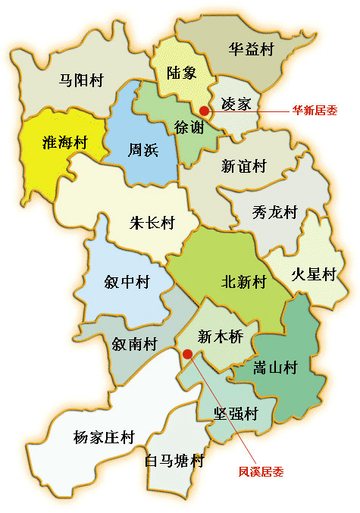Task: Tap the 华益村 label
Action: [x=250, y=50]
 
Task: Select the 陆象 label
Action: [x=181, y=74]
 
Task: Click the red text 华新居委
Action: [x=315, y=110]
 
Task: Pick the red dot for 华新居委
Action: [x=204, y=111]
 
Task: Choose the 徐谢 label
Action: [x=189, y=127]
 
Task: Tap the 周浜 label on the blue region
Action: [x=142, y=150]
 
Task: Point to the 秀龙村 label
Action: [x=274, y=212]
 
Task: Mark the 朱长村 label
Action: [x=152, y=224]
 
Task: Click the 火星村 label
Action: [x=313, y=274]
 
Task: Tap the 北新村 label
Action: [x=243, y=282]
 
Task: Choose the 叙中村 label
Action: [x=127, y=282]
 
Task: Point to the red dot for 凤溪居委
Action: [x=186, y=353]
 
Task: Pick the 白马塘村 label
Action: [x=174, y=460]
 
